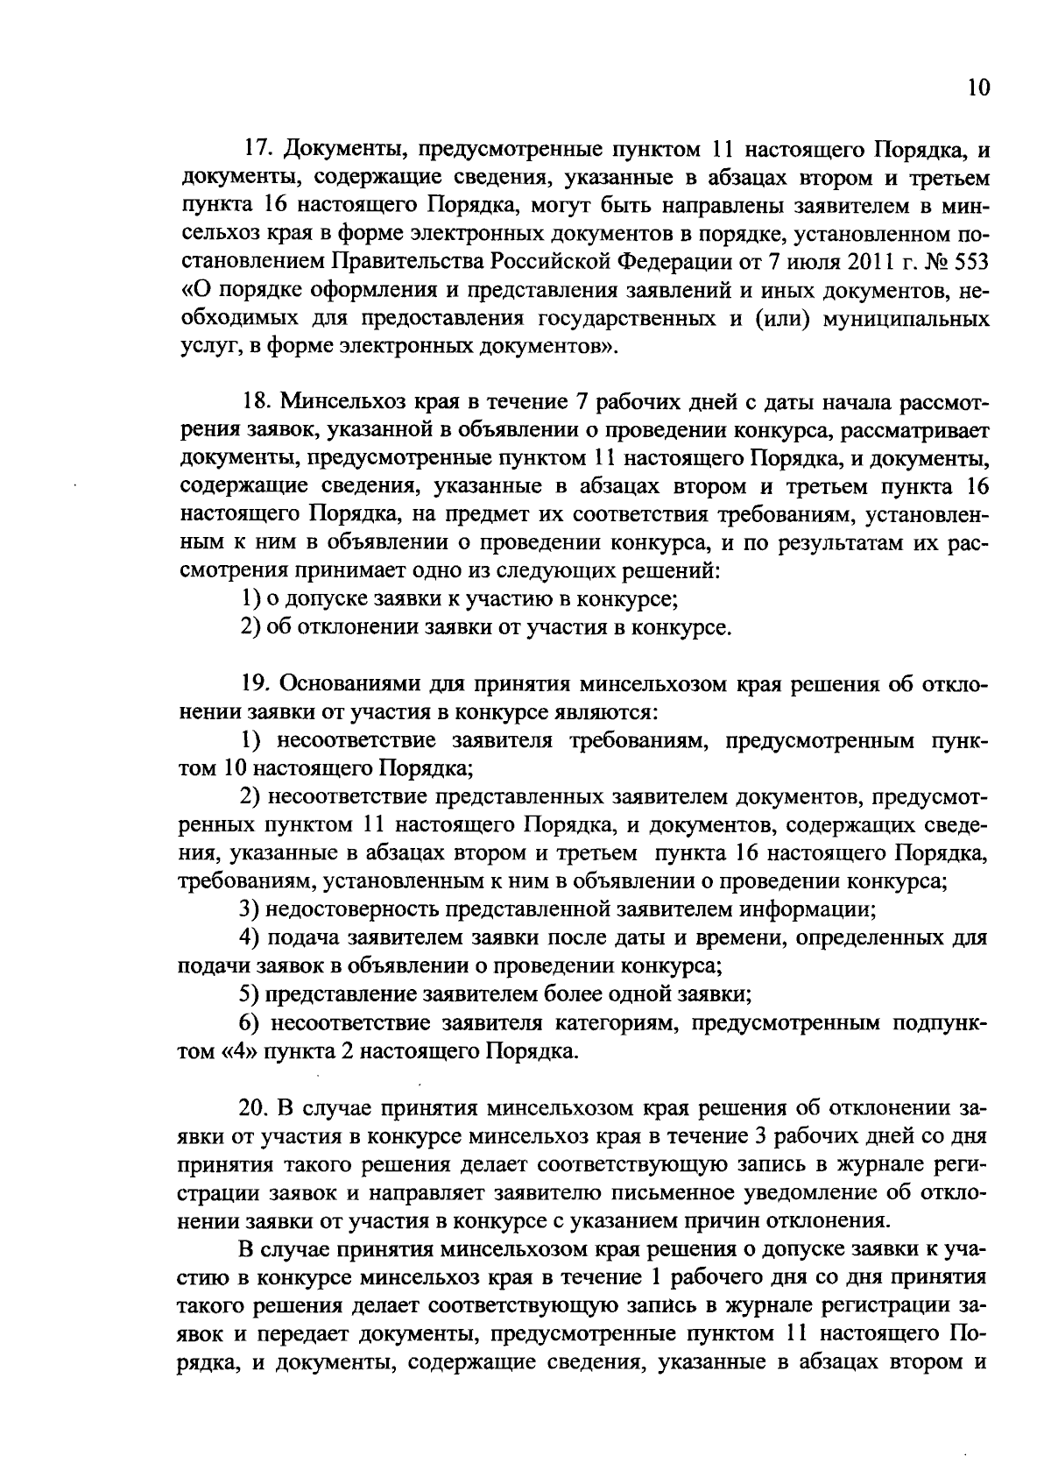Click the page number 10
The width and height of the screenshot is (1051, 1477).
[977, 88]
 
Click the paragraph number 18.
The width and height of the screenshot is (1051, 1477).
[256, 403]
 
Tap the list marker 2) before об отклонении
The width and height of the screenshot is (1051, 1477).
[249, 627]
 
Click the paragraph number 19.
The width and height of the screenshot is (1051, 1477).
[256, 683]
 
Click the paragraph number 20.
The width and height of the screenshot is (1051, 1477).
[256, 1107]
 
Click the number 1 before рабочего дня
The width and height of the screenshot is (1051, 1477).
[659, 1276]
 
